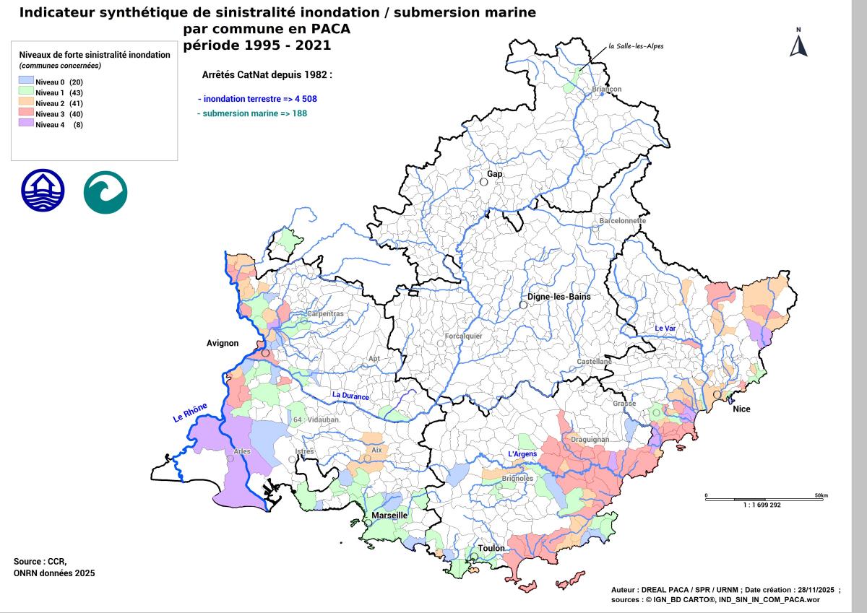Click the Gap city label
click(495, 174)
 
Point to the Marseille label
click(390, 516)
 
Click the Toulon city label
click(491, 548)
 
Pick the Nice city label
click(741, 409)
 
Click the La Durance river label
click(350, 396)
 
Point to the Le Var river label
click(665, 329)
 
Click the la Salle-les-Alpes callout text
click(636, 46)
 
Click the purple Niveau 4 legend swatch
click(26, 124)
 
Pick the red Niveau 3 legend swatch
click(26, 114)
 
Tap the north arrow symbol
click(798, 45)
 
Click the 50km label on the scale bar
click(820, 495)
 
